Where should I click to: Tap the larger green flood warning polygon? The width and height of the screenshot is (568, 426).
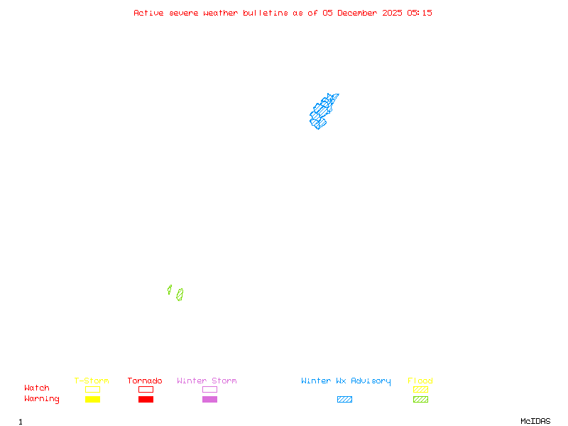(x=180, y=295)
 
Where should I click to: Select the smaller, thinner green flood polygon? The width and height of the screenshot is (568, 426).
(x=170, y=290)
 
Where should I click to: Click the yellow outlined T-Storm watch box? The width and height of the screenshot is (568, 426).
(x=92, y=389)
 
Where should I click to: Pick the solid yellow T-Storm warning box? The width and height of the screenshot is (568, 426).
(x=92, y=399)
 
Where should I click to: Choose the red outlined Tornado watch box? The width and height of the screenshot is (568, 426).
(x=146, y=389)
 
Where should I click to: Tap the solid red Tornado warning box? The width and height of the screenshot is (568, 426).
(x=146, y=399)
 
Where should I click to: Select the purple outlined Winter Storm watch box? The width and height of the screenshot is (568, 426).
(x=209, y=389)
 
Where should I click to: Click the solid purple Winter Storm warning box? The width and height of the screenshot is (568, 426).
(x=209, y=399)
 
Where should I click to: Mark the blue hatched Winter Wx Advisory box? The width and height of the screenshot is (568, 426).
(x=344, y=399)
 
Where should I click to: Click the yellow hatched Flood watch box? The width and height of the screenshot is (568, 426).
(x=420, y=389)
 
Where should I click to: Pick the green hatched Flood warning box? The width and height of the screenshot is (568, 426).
(x=420, y=399)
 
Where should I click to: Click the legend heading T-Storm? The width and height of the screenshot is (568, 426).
(x=92, y=381)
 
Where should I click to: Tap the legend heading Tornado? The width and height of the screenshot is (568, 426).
(x=145, y=381)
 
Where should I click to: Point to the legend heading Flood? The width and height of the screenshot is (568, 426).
(x=420, y=381)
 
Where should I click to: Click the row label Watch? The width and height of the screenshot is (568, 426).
(x=37, y=388)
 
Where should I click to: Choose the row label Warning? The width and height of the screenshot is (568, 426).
(x=42, y=399)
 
